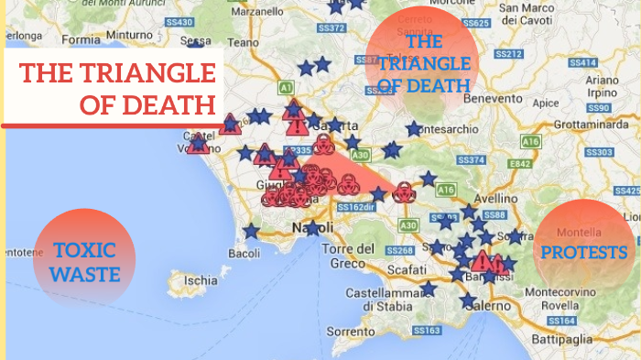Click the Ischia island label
(x=201, y=279)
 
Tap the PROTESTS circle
(x=583, y=251)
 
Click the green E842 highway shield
(x=521, y=163)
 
